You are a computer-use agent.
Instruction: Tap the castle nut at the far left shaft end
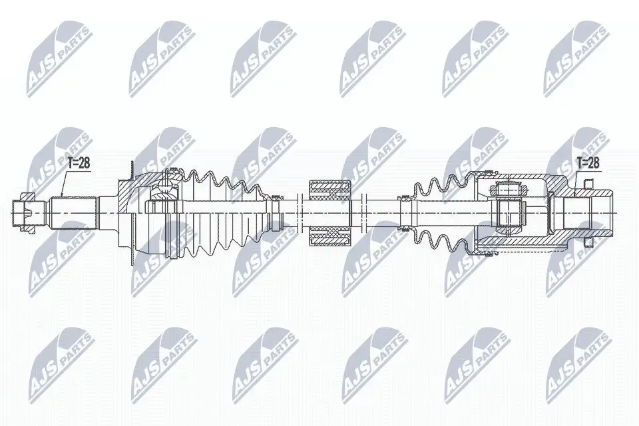click(x=25, y=212)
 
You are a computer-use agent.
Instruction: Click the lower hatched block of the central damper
click(x=329, y=233)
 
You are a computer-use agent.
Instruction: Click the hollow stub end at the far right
click(x=602, y=212)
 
